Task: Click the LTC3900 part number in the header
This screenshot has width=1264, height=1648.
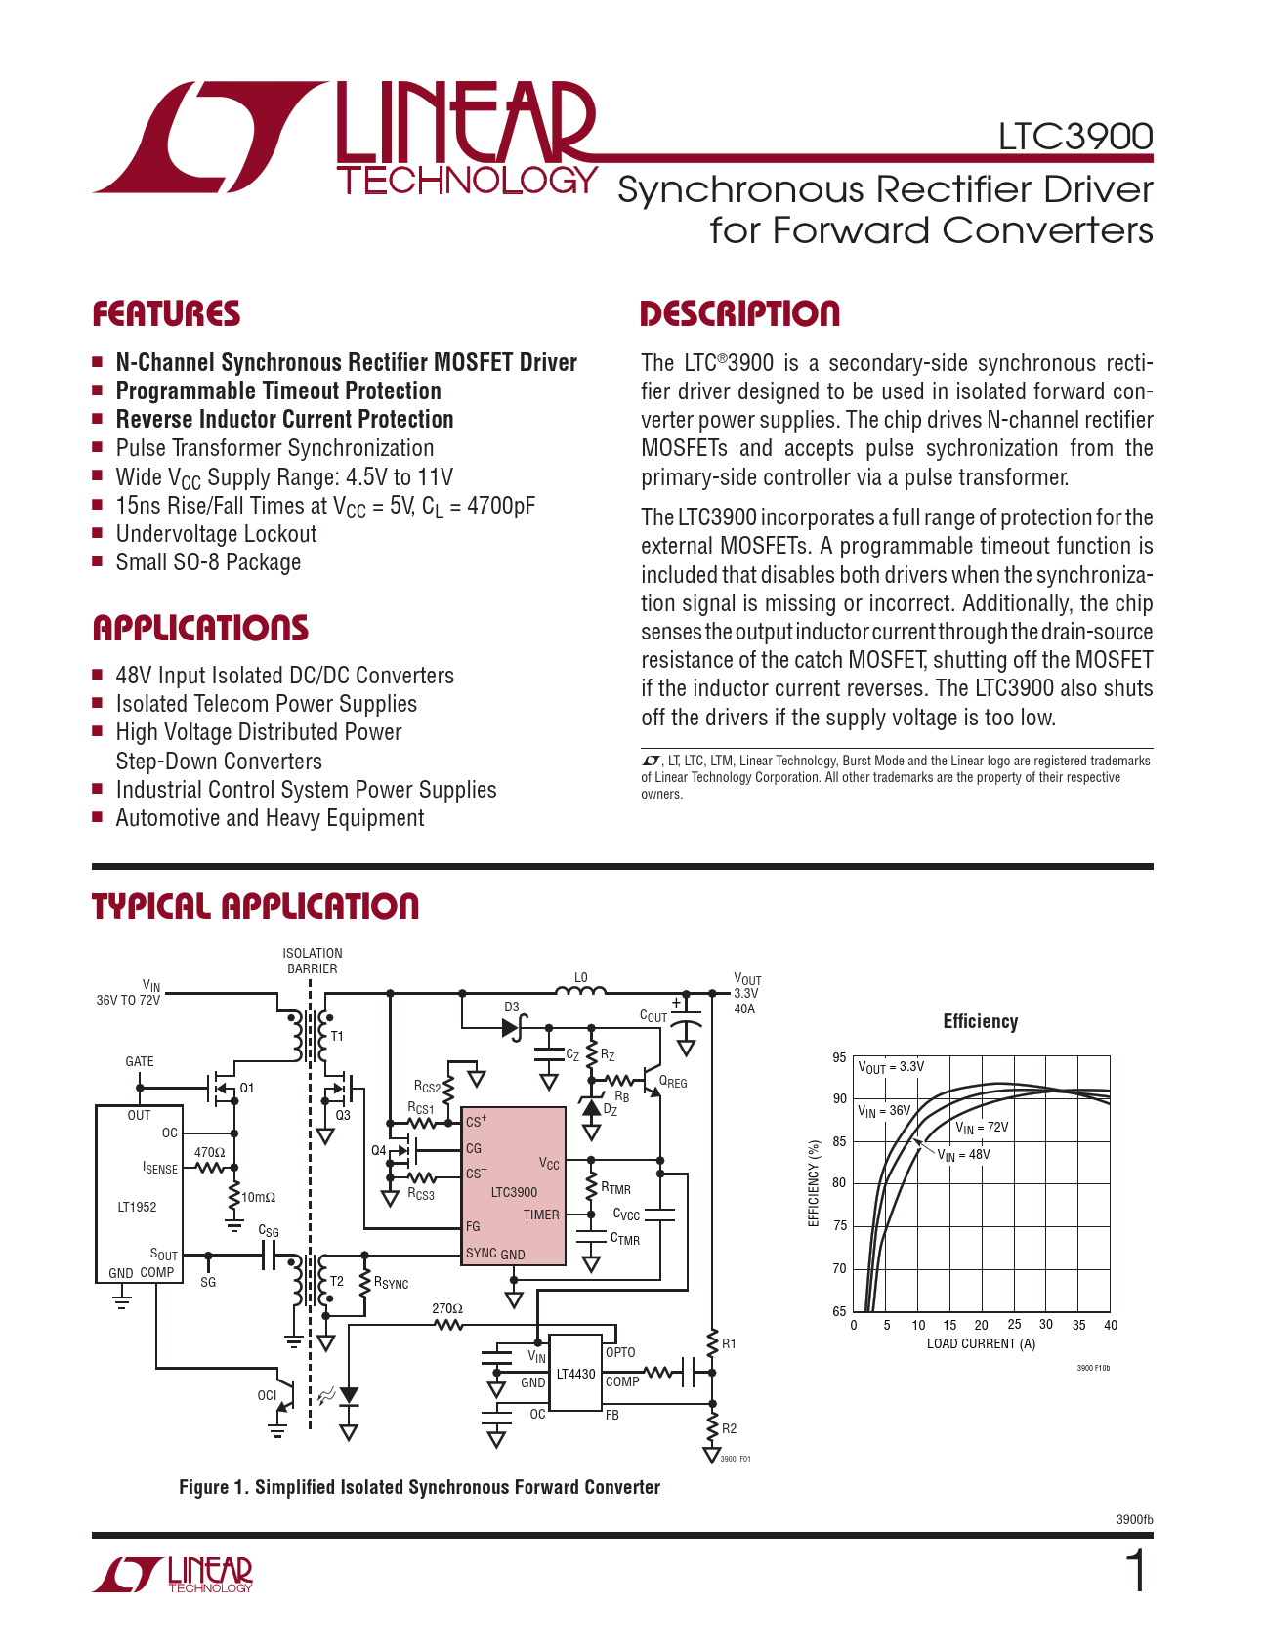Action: (x=1074, y=137)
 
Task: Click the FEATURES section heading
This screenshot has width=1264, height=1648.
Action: (x=166, y=314)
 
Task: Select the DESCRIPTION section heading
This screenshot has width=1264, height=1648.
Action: (x=739, y=314)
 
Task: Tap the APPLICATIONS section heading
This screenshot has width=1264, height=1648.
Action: (x=200, y=628)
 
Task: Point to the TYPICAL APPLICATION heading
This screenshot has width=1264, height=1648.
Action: (x=255, y=906)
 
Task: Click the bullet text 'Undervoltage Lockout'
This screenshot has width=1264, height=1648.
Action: (x=216, y=534)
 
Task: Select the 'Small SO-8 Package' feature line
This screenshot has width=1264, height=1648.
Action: (x=208, y=562)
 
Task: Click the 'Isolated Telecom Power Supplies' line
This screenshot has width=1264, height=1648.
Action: (x=266, y=704)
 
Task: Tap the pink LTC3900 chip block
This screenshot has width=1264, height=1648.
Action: (x=514, y=1186)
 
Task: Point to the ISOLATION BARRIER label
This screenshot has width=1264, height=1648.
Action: (x=313, y=961)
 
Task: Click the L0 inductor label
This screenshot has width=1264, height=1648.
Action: (x=581, y=977)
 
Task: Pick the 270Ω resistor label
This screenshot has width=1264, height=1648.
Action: (x=447, y=1308)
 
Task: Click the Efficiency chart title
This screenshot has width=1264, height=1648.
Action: (x=980, y=1021)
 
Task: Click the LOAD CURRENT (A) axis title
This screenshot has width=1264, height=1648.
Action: (x=981, y=1343)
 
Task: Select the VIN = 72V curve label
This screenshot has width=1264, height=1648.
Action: (x=982, y=1128)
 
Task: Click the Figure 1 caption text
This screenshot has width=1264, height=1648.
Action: (x=419, y=1487)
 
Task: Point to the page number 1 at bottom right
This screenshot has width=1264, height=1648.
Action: (x=1136, y=1572)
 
